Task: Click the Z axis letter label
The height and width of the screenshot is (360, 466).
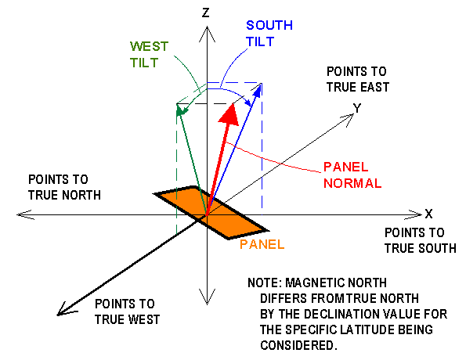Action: click(206, 13)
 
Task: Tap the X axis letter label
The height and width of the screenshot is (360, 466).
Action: click(428, 214)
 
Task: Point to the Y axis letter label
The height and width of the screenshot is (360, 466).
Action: click(357, 108)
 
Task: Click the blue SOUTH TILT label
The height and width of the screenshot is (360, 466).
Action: click(269, 34)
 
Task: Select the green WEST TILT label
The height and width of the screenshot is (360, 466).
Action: click(149, 54)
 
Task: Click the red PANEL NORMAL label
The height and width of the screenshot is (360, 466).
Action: click(352, 175)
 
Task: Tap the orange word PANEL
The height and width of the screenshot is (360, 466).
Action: click(262, 244)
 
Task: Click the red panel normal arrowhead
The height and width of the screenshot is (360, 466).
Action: click(229, 114)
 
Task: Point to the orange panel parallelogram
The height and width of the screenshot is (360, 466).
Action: click(211, 212)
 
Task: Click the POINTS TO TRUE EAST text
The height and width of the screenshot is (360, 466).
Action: click(358, 79)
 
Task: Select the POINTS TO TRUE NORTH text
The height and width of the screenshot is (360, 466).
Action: click(64, 187)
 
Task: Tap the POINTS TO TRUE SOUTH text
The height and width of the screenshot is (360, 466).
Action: click(421, 240)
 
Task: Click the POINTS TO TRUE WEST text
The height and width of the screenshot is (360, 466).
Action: click(127, 311)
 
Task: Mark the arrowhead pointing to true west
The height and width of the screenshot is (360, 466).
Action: click(65, 310)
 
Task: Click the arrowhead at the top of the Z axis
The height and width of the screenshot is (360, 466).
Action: click(207, 34)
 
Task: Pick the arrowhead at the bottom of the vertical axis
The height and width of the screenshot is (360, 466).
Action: click(207, 297)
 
